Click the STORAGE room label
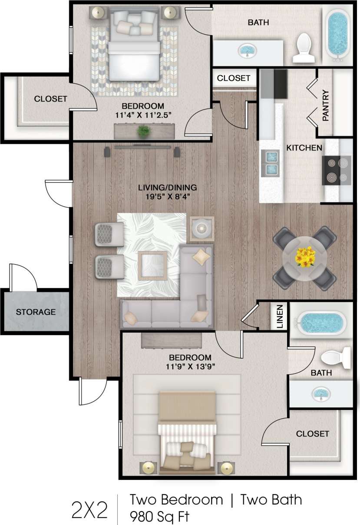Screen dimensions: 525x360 coord(36,312)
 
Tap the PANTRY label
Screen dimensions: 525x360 coord(326,106)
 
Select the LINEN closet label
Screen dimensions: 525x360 coord(280,316)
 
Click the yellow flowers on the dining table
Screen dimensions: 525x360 coord(305,257)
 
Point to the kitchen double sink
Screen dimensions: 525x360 coord(270,162)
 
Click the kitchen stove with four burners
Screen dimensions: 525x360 coord(337,171)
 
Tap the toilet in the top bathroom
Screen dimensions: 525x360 coord(303,48)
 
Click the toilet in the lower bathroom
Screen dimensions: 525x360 coord(336,357)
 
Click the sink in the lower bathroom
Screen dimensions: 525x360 coord(320,393)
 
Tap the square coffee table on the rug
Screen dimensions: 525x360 coord(152,265)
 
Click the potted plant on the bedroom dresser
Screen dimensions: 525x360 coord(142,130)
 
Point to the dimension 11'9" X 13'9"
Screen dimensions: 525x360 coord(190,366)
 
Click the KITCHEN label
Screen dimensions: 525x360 coord(304,148)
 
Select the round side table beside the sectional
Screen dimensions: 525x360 coord(201,228)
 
